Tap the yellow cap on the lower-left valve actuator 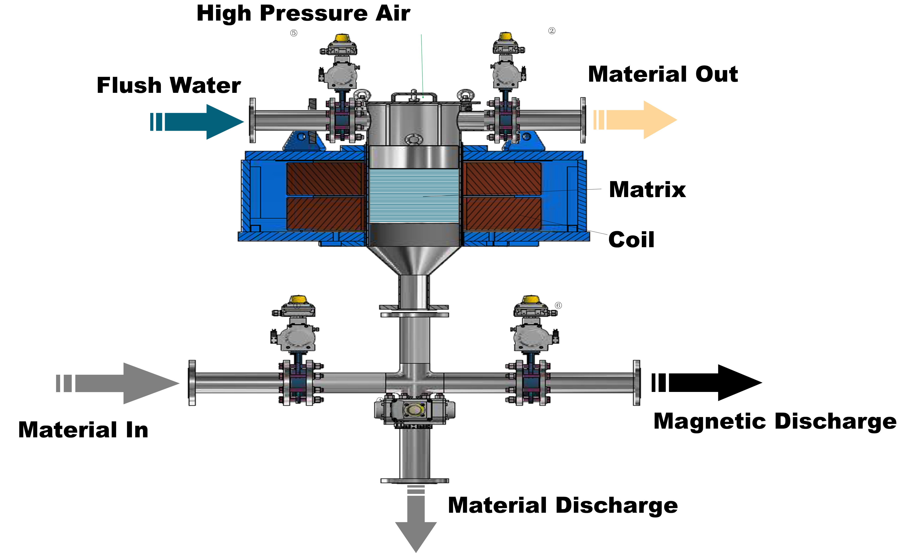click(x=298, y=299)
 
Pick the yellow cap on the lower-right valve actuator click(x=531, y=299)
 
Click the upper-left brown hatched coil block click(x=325, y=179)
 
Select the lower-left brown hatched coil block click(x=325, y=214)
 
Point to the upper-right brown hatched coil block click(x=502, y=179)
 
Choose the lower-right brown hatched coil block click(x=502, y=214)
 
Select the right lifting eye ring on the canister click(x=466, y=95)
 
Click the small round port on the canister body click(x=414, y=139)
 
